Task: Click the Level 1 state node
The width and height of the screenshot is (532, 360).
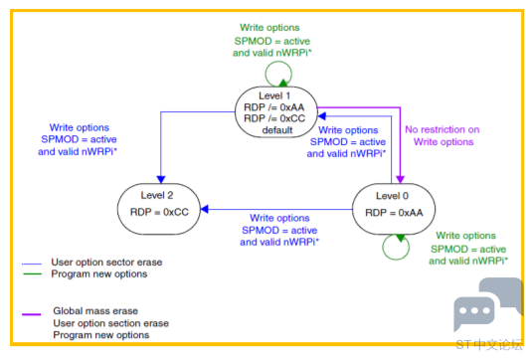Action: tap(276, 112)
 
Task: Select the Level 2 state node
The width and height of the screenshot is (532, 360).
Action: tap(159, 209)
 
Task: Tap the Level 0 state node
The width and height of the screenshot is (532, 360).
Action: tap(394, 209)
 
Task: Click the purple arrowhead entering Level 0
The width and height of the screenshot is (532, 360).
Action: tap(401, 179)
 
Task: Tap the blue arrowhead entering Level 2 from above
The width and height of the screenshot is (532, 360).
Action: tap(161, 179)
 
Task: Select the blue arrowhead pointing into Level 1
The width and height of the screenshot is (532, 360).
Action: tap(321, 116)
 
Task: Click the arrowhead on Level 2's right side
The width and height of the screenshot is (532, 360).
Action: tap(204, 209)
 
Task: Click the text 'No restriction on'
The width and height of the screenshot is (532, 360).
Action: tap(443, 129)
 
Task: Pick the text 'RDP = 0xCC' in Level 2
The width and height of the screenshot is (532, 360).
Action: tap(159, 212)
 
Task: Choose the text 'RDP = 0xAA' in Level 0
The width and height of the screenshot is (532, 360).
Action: tap(394, 213)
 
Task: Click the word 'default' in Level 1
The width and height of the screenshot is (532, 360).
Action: tap(277, 130)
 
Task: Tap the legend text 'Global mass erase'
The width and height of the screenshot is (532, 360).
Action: tap(95, 311)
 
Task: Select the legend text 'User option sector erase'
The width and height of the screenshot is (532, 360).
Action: tap(106, 262)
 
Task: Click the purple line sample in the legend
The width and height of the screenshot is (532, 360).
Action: tap(31, 314)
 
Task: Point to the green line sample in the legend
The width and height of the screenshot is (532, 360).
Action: tap(32, 273)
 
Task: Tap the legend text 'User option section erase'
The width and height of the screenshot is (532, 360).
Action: tap(110, 323)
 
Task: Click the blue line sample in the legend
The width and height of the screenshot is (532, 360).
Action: tap(32, 264)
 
